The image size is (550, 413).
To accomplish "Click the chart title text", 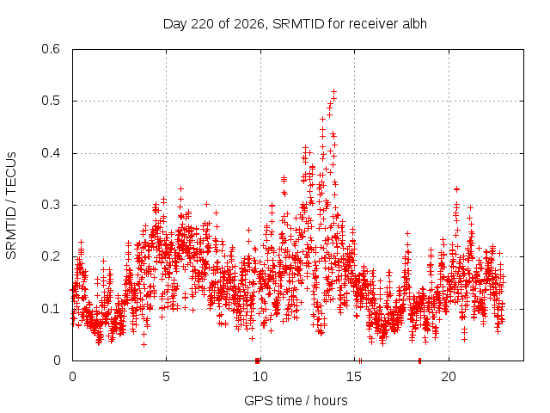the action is point(295,24).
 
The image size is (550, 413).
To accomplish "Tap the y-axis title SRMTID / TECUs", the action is point(11,206).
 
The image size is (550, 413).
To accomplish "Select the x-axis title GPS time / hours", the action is point(296,400).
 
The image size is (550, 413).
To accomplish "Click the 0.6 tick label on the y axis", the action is point(51,49).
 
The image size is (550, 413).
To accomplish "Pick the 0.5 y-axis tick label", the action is point(51,101).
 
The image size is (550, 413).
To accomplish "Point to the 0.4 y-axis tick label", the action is point(51,153).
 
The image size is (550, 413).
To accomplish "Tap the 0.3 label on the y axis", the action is point(51,205).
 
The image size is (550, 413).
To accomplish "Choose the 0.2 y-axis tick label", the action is point(51,256).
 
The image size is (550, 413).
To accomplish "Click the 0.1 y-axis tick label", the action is point(51,309).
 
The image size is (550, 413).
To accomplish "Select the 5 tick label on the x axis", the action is point(166,377).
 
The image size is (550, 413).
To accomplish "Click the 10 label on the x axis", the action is point(260,377).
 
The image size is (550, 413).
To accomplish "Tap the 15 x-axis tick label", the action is point(354,377).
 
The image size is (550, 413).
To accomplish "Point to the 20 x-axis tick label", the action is point(449,377).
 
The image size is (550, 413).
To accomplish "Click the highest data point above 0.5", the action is point(334,92).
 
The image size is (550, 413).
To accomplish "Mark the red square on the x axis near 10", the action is point(258,361).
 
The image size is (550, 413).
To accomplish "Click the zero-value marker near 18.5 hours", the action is point(419,361).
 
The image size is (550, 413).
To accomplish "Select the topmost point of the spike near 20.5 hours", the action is point(456,189).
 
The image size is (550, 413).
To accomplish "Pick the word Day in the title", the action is point(174,24).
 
